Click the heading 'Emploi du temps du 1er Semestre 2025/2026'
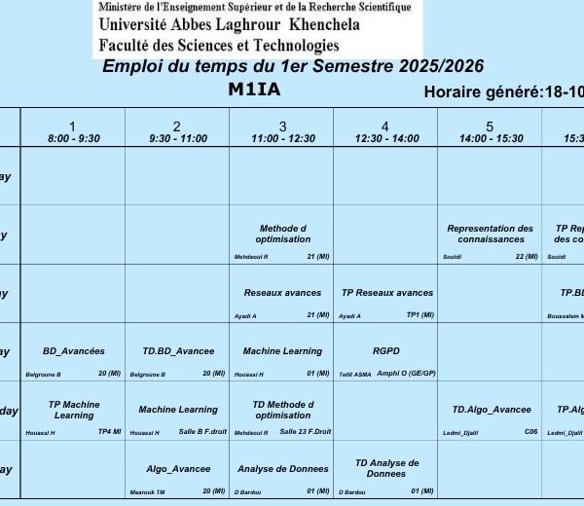293,66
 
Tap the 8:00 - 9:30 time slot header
74,132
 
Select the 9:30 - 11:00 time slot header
177,132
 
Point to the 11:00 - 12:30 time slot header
282,132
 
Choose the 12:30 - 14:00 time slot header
385,132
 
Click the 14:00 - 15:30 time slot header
490,132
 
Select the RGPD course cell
385,351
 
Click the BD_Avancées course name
74,351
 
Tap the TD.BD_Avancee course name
178,351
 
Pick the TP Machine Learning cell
74,410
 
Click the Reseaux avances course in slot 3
282,293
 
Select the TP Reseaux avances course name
386,293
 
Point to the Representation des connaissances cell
491,234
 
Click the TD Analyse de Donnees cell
386,468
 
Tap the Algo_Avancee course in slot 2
178,469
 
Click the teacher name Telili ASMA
354,374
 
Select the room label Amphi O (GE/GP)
406,374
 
